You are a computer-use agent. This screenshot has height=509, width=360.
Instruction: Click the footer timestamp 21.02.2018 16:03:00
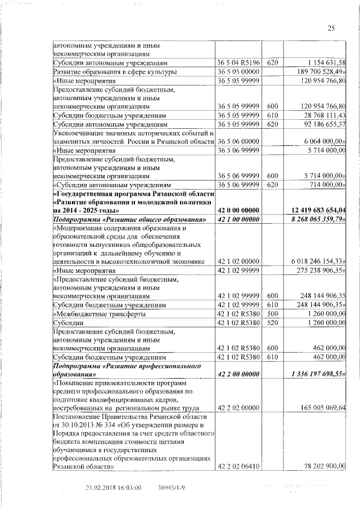point(114,488)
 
